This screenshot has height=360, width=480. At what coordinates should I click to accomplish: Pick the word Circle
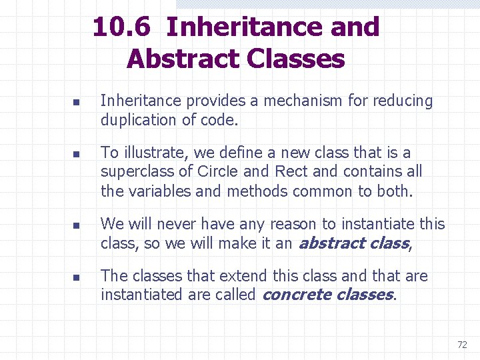coord(217,172)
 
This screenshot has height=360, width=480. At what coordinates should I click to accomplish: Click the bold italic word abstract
coord(326,243)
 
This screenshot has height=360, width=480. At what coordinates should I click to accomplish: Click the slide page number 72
coord(462,345)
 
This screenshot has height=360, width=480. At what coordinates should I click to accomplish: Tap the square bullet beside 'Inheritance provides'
coord(76,104)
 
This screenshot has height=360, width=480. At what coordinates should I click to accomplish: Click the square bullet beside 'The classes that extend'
coord(76,278)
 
